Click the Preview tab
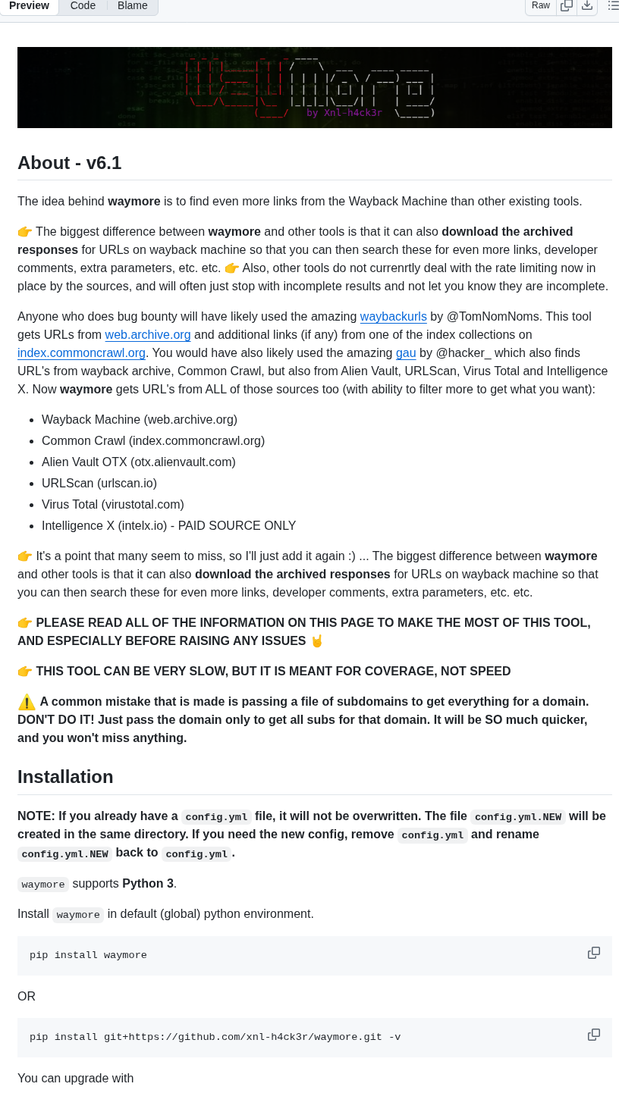coord(29,6)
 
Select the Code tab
coord(83,6)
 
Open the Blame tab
coord(132,6)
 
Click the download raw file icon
coord(587,6)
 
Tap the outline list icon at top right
coord(613,6)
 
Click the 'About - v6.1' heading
coord(70,163)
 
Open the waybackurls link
coord(393,317)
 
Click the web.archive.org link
coord(148,335)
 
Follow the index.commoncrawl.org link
coord(81,353)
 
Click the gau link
coord(406,353)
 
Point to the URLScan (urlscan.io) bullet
coord(99,484)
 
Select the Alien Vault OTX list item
coord(139,462)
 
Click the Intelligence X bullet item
coord(168,526)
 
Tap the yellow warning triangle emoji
coord(27,702)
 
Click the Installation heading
coord(65,777)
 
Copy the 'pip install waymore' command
coord(594,953)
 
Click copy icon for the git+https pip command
coord(594,1035)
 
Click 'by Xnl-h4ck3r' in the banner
coord(344,113)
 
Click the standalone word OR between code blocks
coord(27,997)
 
